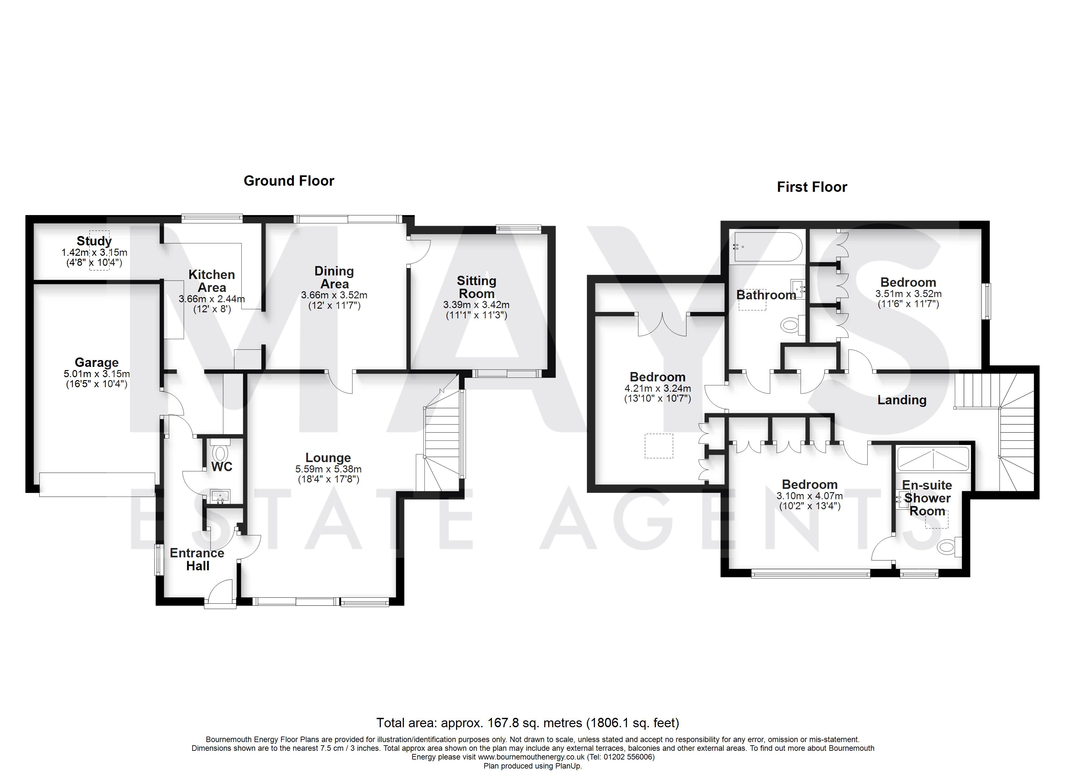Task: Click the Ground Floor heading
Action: [288, 181]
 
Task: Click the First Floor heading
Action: [812, 187]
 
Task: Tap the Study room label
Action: [94, 241]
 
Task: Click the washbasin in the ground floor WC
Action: [220, 496]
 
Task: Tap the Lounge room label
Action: [328, 458]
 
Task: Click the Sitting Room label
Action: [476, 287]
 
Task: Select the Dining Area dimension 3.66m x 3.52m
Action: [334, 295]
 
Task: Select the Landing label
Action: [902, 400]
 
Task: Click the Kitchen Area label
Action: [212, 281]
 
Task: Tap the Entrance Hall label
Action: [197, 559]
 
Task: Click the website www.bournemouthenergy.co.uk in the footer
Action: [531, 757]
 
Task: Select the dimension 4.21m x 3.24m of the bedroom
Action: [658, 389]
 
